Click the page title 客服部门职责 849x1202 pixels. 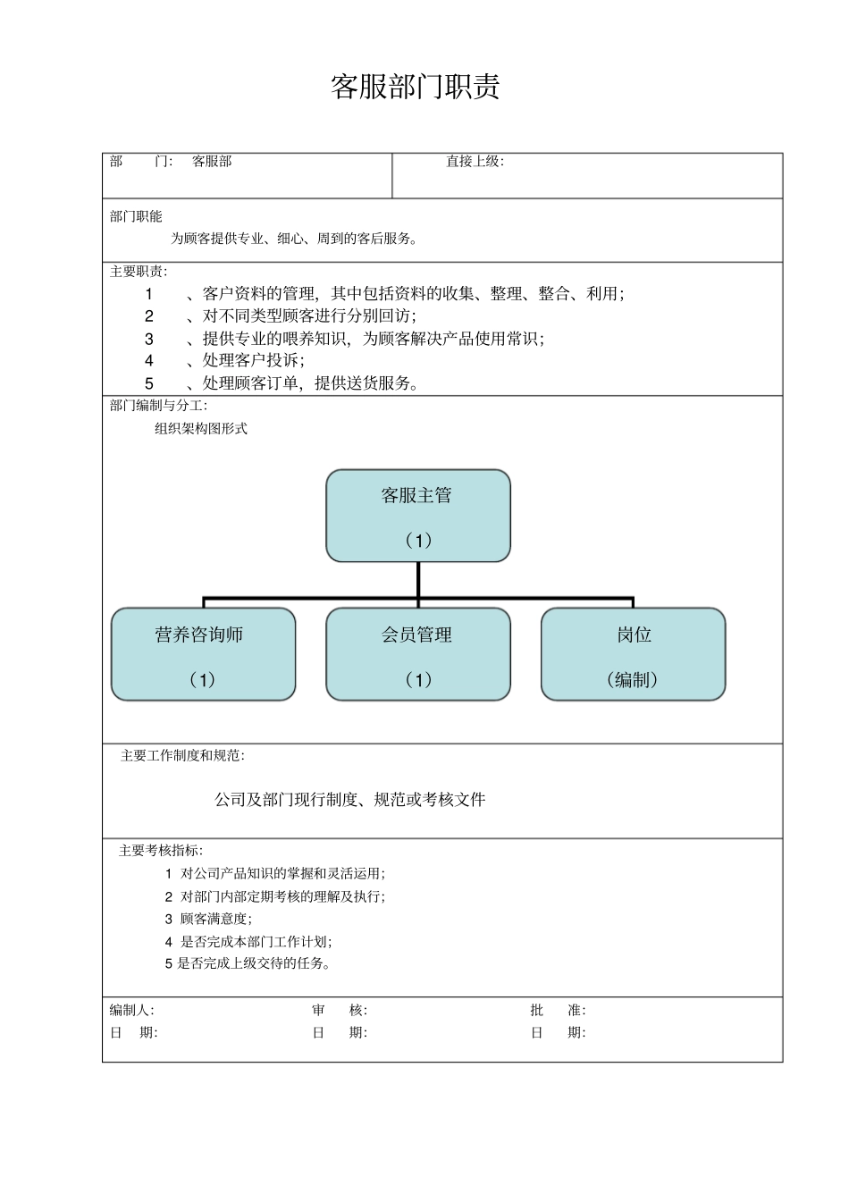click(x=415, y=88)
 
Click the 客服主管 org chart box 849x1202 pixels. click(x=417, y=516)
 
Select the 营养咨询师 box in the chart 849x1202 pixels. click(x=203, y=654)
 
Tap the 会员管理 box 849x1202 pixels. click(x=417, y=654)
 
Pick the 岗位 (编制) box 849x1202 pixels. click(x=633, y=654)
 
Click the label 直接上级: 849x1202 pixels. click(x=475, y=162)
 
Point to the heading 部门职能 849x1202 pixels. click(x=136, y=216)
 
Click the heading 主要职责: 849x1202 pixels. click(x=138, y=272)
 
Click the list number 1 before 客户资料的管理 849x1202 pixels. click(x=149, y=294)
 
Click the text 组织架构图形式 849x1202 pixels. click(x=200, y=429)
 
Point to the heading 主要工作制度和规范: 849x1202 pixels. click(x=182, y=756)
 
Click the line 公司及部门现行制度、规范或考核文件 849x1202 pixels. click(x=349, y=800)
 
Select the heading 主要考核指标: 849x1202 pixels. click(x=161, y=851)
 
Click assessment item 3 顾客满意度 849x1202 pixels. click(x=208, y=919)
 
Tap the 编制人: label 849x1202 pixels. click(x=131, y=1011)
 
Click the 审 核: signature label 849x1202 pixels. click(x=340, y=1011)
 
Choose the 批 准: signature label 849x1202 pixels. click(x=558, y=1011)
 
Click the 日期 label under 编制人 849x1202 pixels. click(x=133, y=1033)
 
